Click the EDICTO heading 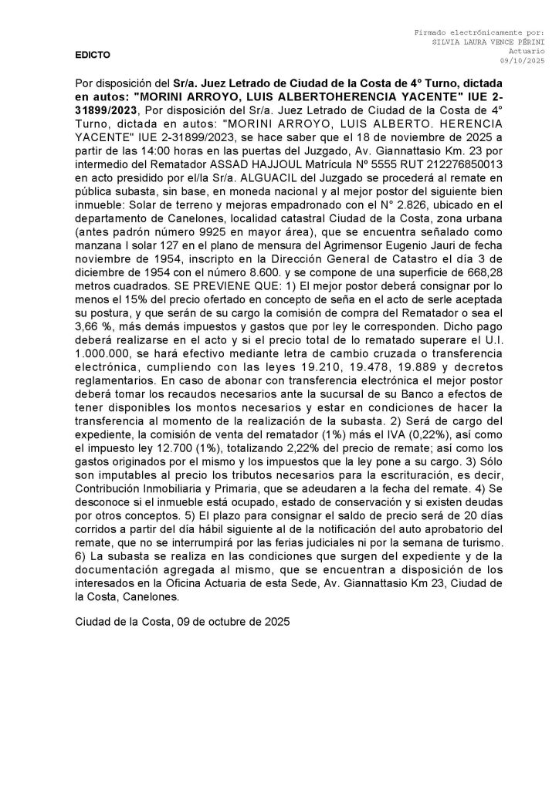pyautogui.click(x=93, y=56)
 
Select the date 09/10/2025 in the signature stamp pyautogui.click(x=523, y=60)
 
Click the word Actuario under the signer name pyautogui.click(x=526, y=51)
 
